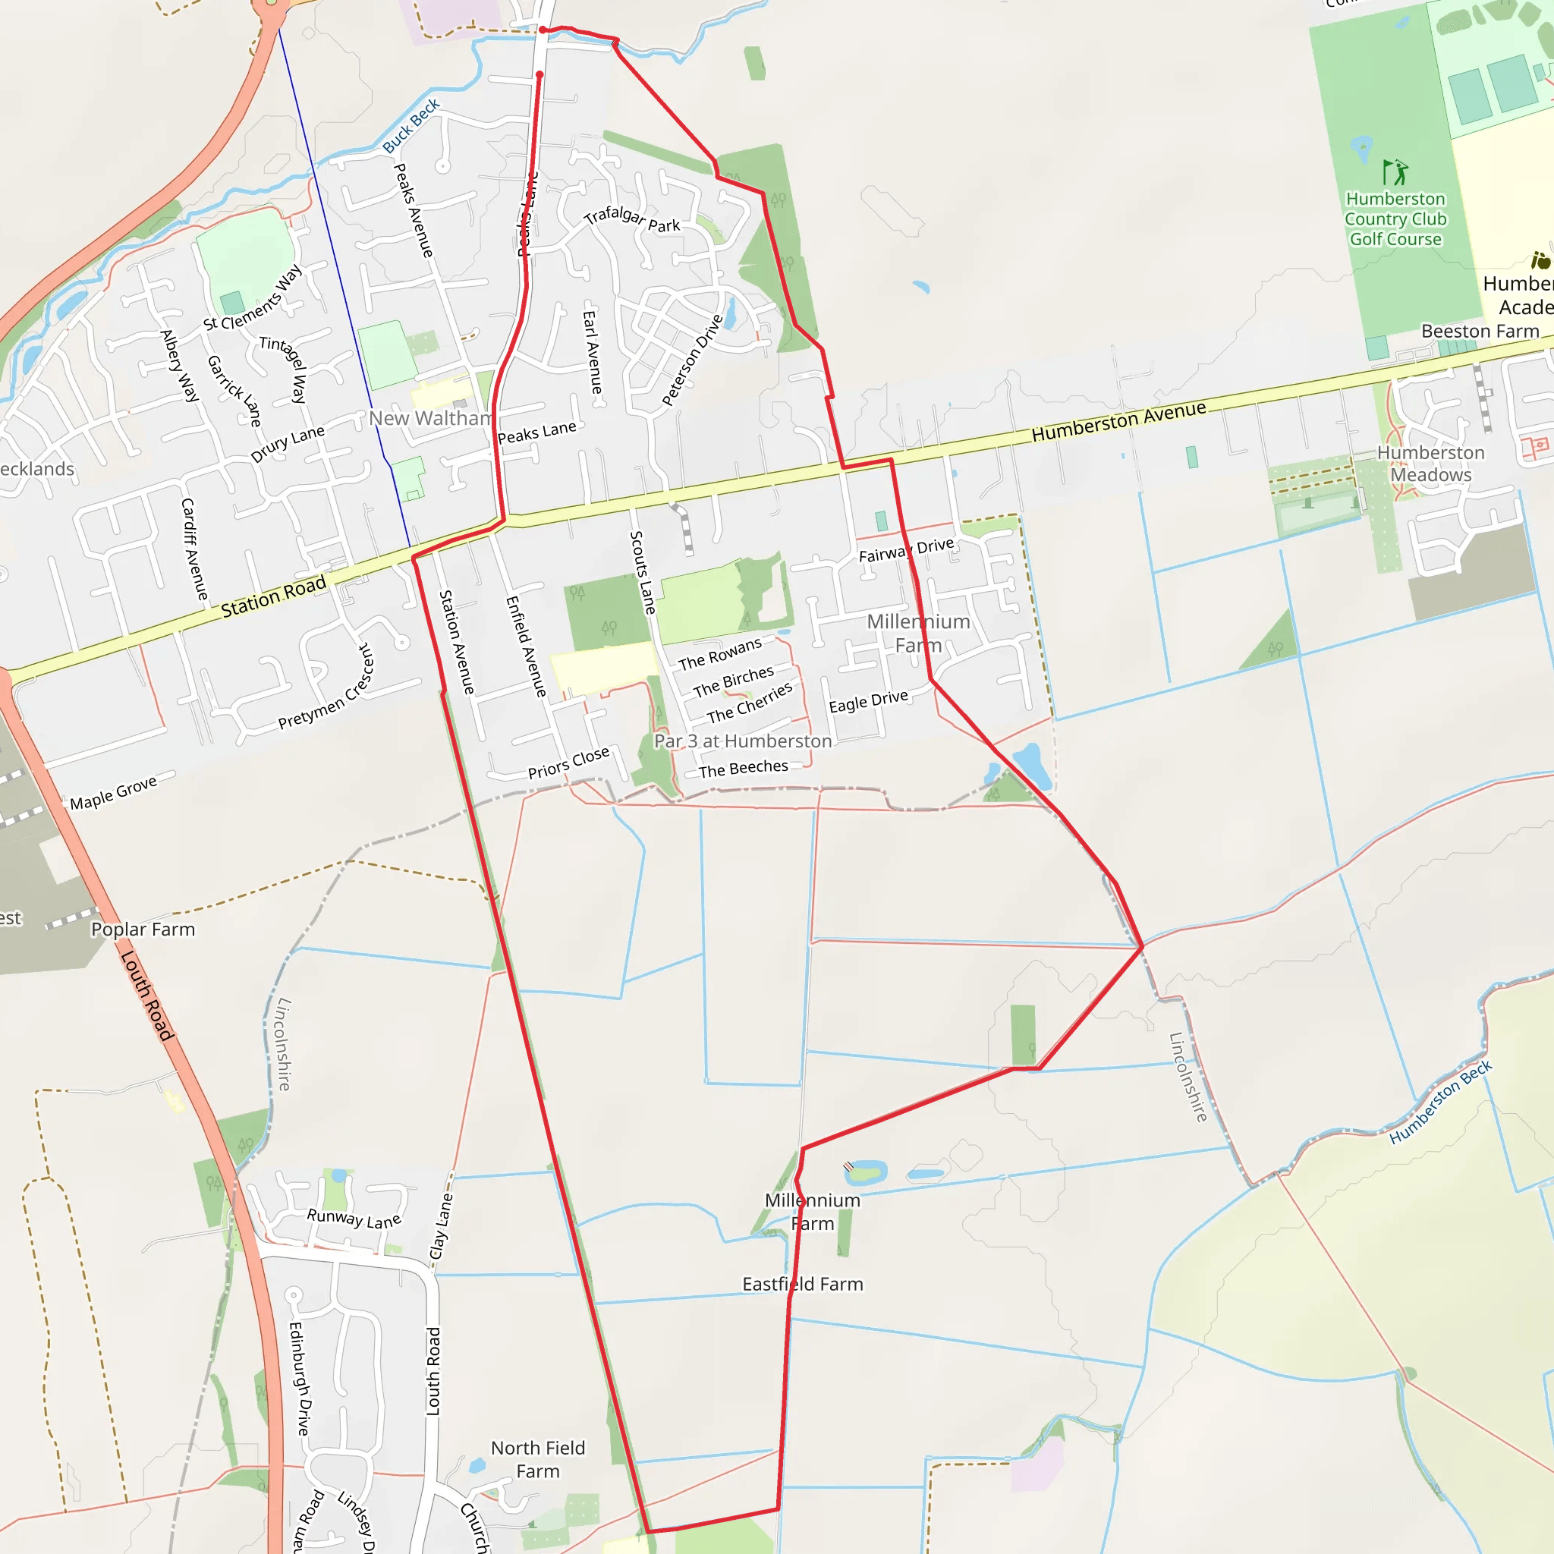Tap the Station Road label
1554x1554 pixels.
(x=273, y=596)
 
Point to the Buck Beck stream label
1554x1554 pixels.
(x=411, y=125)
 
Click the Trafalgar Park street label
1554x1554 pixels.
(x=632, y=219)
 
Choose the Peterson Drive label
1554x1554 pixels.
(x=692, y=360)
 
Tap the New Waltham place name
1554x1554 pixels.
(x=430, y=418)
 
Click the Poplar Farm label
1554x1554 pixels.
(x=143, y=929)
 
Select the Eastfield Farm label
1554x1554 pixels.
(x=802, y=1284)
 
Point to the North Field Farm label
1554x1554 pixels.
(x=537, y=1459)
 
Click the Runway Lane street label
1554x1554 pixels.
(x=354, y=1219)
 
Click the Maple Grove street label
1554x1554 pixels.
(x=113, y=792)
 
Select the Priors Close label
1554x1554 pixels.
(x=568, y=763)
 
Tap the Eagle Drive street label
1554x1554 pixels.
(x=868, y=700)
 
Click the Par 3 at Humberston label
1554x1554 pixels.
(x=742, y=741)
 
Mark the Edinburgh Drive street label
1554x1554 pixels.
(x=299, y=1378)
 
